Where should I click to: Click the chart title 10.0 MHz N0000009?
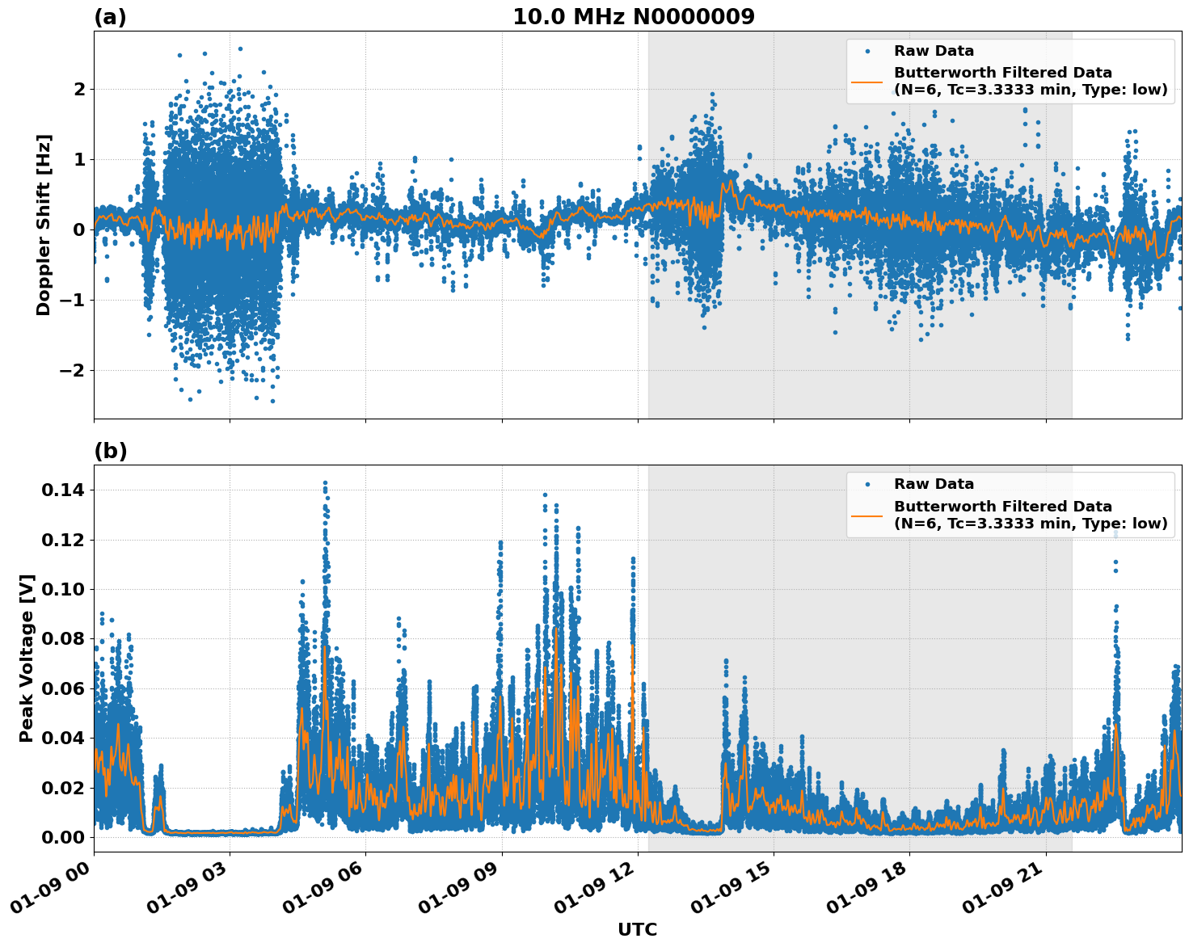click(634, 17)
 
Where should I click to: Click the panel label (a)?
click(110, 17)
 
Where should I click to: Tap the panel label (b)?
click(110, 451)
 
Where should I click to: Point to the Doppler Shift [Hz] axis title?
click(44, 225)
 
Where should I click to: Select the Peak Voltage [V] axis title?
click(27, 658)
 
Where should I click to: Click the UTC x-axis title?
click(637, 929)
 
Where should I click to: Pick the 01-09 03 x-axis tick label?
click(191, 891)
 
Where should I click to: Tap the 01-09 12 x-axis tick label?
click(599, 891)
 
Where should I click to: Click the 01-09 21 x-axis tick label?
click(1007, 891)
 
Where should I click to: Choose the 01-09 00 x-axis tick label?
click(55, 891)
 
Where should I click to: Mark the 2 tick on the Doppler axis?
click(79, 88)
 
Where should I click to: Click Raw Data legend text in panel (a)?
click(934, 51)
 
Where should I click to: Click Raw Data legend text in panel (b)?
click(934, 484)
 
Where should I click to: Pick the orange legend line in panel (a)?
click(866, 81)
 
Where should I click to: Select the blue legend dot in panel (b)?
click(866, 484)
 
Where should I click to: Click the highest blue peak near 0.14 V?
click(325, 482)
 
